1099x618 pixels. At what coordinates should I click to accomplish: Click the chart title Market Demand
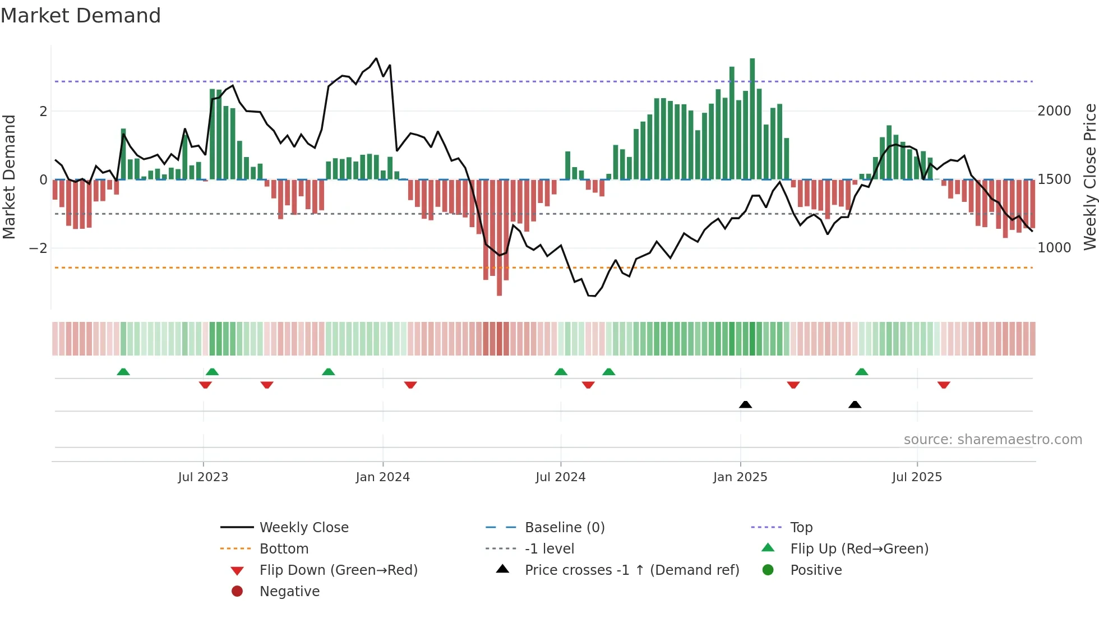coord(81,16)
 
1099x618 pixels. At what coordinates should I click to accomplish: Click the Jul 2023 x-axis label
coord(203,477)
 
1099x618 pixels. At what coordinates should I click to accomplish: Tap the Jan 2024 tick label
coord(383,477)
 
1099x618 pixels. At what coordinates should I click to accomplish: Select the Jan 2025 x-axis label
coord(740,477)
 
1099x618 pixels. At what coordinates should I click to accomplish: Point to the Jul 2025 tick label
coord(917,477)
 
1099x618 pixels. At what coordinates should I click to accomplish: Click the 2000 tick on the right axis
coord(1054,111)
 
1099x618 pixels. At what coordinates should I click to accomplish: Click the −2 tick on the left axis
coord(38,248)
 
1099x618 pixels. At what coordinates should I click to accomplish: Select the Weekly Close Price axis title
coord(1089,177)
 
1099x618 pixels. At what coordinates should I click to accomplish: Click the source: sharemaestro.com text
coord(992,440)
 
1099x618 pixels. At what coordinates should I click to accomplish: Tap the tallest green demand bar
coord(752,118)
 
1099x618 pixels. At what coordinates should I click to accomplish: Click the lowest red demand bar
coord(499,238)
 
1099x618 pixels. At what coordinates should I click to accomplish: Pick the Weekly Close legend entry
coord(303,528)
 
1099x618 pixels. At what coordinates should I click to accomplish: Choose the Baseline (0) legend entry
coord(564,528)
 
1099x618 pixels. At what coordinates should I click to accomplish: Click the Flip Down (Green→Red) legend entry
coord(338,570)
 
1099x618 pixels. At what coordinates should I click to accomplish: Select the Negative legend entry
coord(289,592)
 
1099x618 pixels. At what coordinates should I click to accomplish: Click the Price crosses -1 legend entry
coord(631,570)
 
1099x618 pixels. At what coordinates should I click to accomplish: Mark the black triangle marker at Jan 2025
coord(745,404)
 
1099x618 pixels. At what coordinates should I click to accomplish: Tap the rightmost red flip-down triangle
coord(944,385)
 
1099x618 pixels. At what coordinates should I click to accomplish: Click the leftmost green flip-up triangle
coord(123,371)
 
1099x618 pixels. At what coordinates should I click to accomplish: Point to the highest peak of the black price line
coord(376,58)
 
